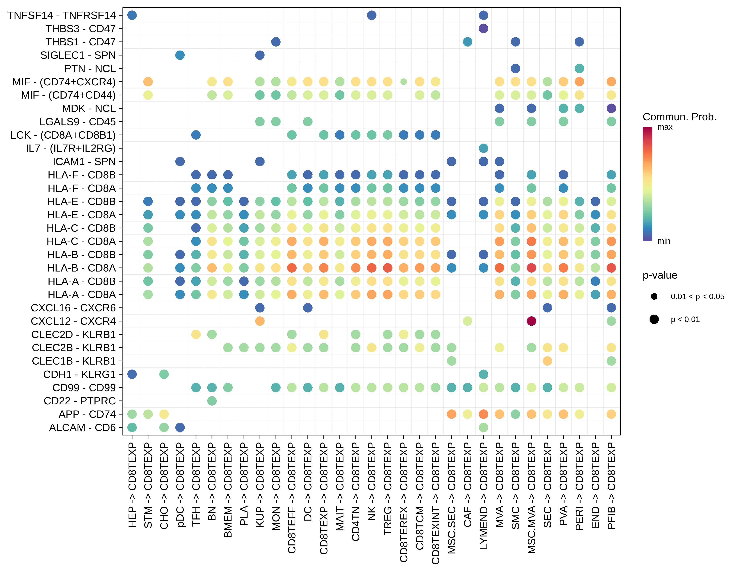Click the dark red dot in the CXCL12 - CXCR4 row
(531, 321)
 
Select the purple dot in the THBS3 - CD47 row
(483, 28)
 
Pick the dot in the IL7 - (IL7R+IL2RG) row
(483, 148)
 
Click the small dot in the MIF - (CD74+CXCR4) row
(403, 82)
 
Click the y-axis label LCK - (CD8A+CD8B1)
(63, 135)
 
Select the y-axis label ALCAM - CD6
(82, 427)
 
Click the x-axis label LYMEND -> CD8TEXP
(483, 496)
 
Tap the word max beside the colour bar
(665, 127)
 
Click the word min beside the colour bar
(663, 241)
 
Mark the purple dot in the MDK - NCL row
(611, 108)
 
